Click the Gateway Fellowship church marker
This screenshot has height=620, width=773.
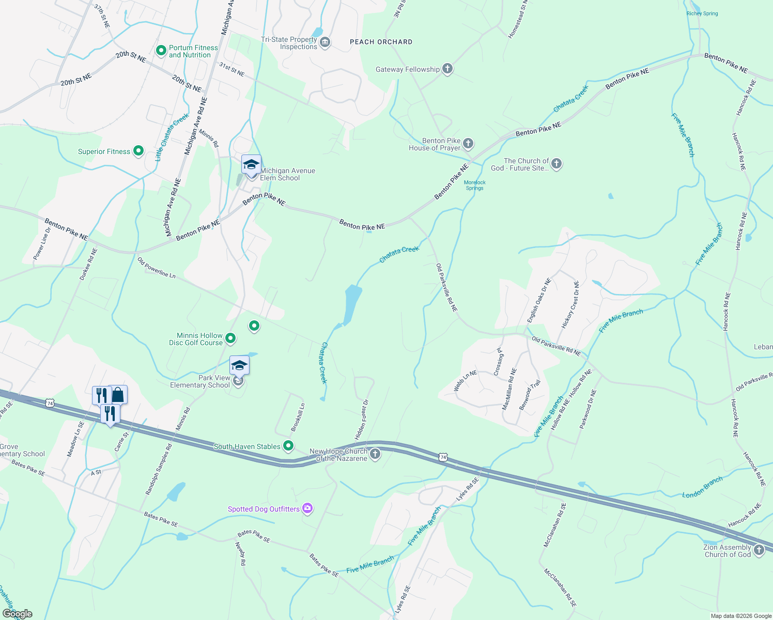click(447, 69)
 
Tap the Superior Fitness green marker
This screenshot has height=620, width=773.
click(138, 151)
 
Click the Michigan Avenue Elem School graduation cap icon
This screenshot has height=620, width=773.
click(251, 165)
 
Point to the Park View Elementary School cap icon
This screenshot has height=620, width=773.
click(239, 366)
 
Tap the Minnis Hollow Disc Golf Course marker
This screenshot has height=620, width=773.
click(231, 338)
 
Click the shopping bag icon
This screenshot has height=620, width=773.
click(118, 395)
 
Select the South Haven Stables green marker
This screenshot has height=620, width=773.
click(289, 445)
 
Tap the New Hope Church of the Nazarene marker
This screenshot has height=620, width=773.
click(376, 454)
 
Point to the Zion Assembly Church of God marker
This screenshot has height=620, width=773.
click(759, 550)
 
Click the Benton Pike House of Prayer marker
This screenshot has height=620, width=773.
click(468, 143)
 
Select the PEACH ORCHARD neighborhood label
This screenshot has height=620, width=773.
click(381, 42)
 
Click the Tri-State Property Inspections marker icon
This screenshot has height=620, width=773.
click(325, 42)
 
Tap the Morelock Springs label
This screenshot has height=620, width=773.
click(475, 185)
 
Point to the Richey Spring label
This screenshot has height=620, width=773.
click(702, 13)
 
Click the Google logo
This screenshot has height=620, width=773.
click(17, 614)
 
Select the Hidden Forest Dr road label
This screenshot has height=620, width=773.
click(362, 420)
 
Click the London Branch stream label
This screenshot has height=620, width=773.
click(702, 487)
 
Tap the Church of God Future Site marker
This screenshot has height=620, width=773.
click(556, 164)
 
